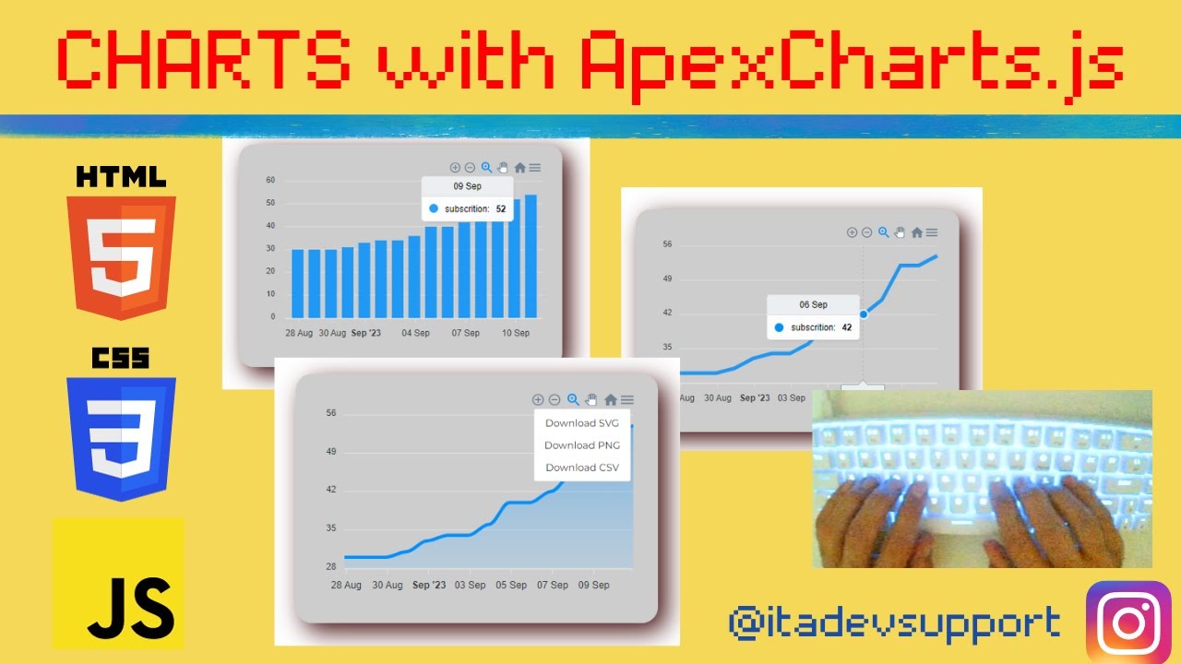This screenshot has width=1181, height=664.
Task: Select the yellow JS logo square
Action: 119,583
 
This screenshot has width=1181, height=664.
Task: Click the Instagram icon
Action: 1128,622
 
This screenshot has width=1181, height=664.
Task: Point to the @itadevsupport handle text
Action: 894,623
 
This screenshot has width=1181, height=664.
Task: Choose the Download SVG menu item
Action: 582,423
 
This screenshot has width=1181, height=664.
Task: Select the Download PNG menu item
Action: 582,445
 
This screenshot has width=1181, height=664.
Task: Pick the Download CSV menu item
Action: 582,468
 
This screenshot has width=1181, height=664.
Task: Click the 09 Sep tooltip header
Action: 467,186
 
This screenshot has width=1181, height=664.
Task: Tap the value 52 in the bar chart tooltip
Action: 501,209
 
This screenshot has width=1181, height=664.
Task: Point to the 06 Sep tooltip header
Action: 813,304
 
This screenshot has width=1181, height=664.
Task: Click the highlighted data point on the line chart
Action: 863,314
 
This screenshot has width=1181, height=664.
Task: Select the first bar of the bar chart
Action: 298,283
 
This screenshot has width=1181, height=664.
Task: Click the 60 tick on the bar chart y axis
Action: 270,180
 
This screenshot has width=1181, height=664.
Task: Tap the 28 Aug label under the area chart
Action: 346,585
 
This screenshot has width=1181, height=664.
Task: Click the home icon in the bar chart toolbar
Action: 519,168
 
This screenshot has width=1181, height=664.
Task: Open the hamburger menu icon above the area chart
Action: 627,399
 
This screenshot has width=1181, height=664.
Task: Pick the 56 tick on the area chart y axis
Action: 331,413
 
